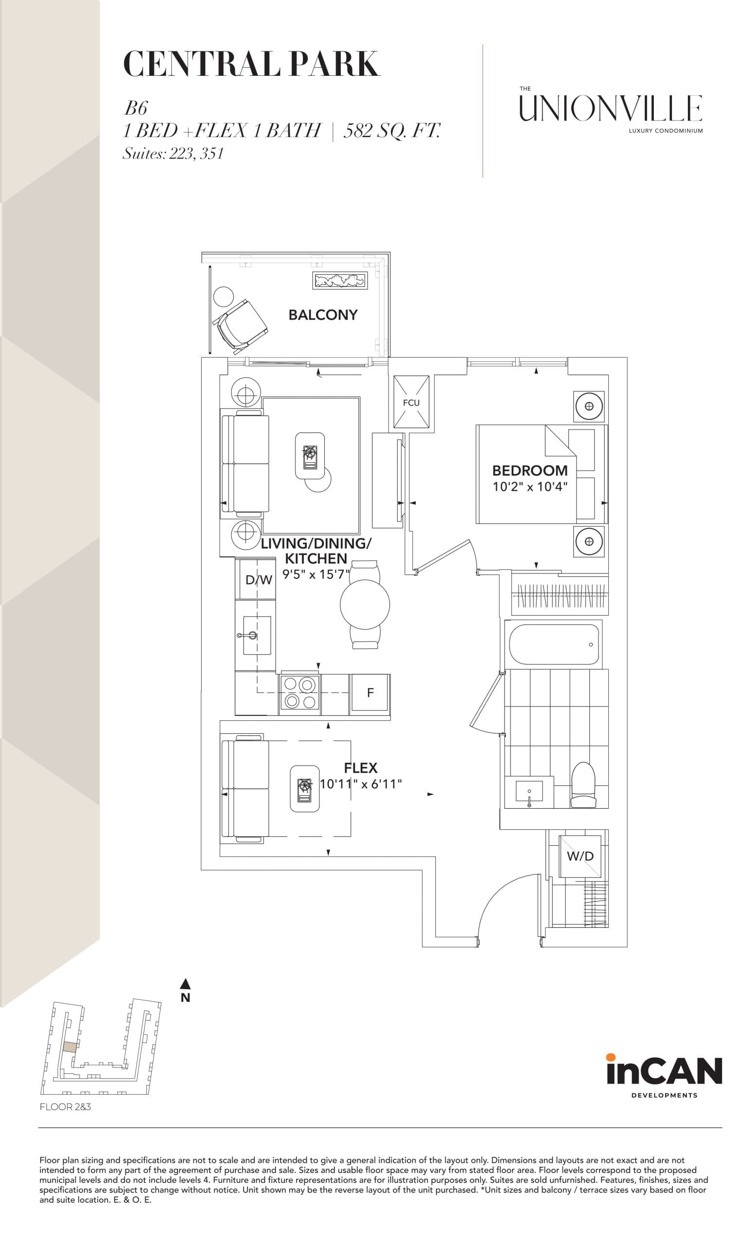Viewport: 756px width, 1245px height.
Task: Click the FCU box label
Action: pyautogui.click(x=411, y=403)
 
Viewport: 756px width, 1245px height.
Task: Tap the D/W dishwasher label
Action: pyautogui.click(x=259, y=580)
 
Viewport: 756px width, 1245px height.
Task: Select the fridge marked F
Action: pyautogui.click(x=370, y=693)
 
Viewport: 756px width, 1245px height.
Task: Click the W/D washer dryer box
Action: pyautogui.click(x=580, y=856)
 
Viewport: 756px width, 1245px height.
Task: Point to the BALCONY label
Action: pyautogui.click(x=323, y=315)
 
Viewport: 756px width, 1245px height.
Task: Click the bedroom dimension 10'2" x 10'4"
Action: pyautogui.click(x=530, y=487)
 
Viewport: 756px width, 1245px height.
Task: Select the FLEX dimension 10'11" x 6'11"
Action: pyautogui.click(x=361, y=783)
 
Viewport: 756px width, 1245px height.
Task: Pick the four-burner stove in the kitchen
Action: pyautogui.click(x=299, y=693)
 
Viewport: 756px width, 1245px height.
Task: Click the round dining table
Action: pyautogui.click(x=365, y=605)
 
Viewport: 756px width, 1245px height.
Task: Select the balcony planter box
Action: pyautogui.click(x=339, y=280)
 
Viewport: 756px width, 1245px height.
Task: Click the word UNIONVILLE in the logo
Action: pyautogui.click(x=611, y=108)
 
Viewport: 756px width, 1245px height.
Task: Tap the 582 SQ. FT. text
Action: pyautogui.click(x=392, y=131)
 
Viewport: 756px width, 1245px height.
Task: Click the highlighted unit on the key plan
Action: pyautogui.click(x=70, y=1046)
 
